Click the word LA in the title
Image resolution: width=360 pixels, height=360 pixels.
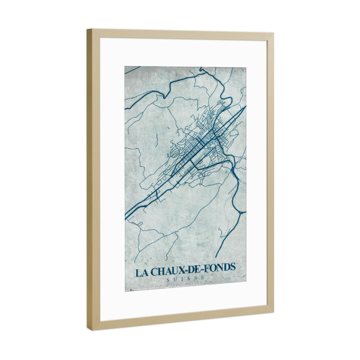[x=142, y=271]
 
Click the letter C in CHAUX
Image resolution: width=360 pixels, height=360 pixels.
[x=155, y=271]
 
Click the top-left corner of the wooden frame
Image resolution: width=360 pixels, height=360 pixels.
[x=88, y=29]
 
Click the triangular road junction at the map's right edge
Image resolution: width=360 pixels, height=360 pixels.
[x=239, y=212]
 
